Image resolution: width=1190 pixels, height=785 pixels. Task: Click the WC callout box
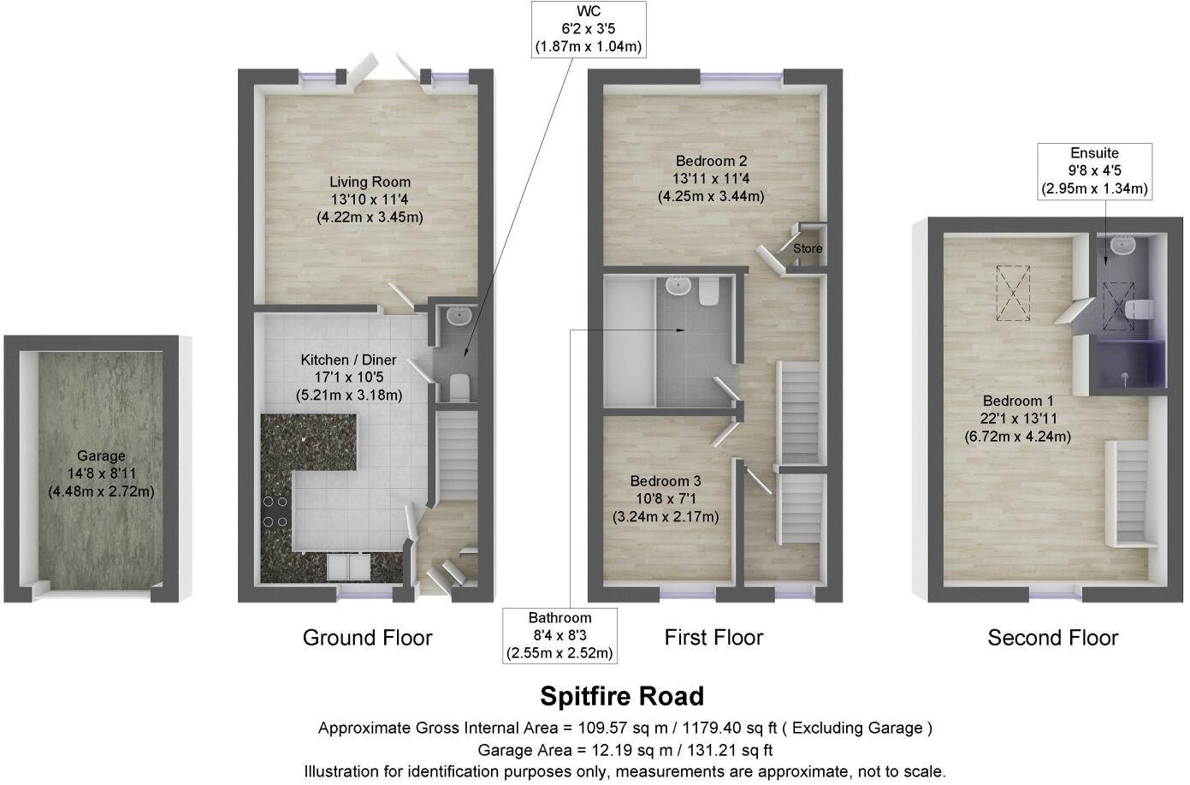click(x=588, y=29)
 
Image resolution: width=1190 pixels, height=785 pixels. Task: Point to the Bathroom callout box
click(x=559, y=635)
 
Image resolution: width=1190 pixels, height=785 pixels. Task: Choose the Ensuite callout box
click(x=1094, y=170)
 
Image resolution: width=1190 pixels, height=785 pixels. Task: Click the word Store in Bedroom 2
click(x=807, y=248)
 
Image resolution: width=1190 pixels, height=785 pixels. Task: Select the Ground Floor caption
click(x=368, y=638)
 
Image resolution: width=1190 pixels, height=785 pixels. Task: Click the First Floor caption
click(x=713, y=638)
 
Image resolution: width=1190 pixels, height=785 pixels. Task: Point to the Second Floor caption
click(x=1052, y=638)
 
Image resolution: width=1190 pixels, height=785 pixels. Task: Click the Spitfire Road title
click(x=622, y=695)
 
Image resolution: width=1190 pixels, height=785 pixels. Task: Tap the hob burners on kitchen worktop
click(x=275, y=511)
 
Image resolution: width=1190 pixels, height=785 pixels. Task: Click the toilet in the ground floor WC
click(x=459, y=386)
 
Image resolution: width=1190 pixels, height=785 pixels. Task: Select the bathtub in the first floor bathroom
click(x=629, y=341)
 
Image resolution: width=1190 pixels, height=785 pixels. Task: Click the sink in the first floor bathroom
click(x=678, y=285)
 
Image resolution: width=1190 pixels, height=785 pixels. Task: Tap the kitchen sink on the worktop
click(x=348, y=566)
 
